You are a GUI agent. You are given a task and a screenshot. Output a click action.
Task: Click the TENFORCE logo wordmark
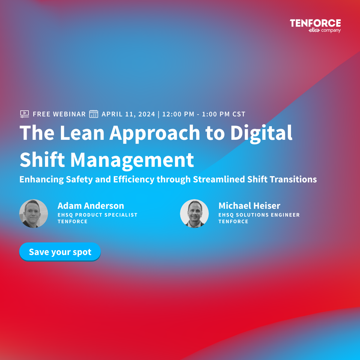pos(315,23)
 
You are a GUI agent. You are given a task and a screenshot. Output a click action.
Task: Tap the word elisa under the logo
pos(314,30)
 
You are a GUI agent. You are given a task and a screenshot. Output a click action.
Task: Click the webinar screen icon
pos(25,114)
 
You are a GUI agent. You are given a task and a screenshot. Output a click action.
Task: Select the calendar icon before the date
pos(94,114)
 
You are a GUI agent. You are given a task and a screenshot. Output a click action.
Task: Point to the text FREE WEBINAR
pos(59,114)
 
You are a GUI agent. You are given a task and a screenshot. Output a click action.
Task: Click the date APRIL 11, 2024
pos(128,114)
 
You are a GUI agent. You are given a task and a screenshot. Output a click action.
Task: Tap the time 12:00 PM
pos(178,114)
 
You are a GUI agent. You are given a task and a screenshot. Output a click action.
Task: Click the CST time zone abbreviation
pos(239,114)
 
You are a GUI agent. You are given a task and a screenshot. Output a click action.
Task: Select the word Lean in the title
pos(82,133)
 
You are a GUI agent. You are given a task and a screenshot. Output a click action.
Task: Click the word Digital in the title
pos(261,134)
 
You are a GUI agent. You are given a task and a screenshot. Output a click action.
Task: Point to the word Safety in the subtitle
pos(79,179)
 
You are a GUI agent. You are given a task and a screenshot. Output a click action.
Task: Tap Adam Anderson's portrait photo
pos(34,214)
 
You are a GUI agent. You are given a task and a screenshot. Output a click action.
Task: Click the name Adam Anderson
pos(91,206)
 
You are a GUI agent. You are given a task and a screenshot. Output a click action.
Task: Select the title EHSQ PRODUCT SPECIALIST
pos(97,215)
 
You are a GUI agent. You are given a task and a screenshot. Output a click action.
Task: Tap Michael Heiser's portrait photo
pos(194,214)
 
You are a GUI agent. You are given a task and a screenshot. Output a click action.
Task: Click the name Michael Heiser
pos(249,206)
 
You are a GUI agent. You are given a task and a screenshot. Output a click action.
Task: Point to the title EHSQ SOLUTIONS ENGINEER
pos(259,215)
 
